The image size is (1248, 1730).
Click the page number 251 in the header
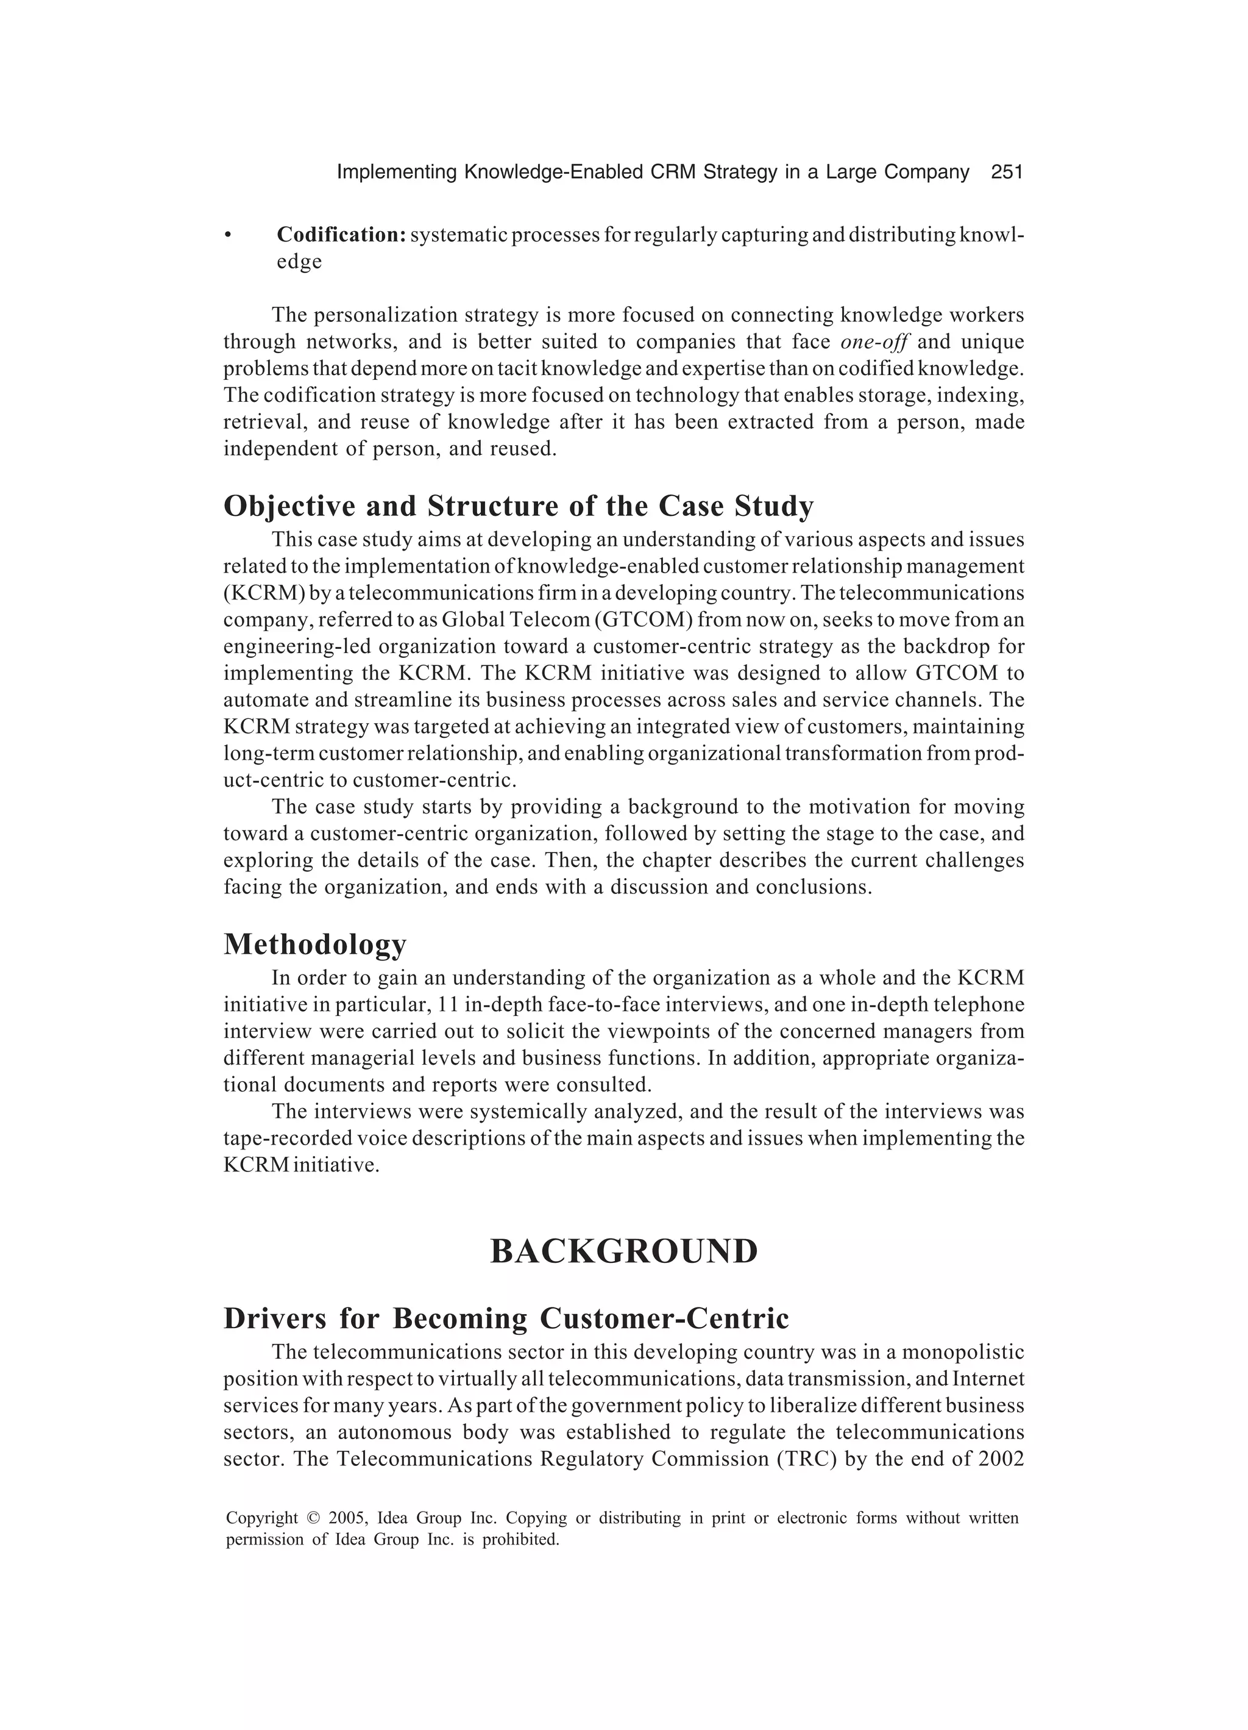coord(1005,173)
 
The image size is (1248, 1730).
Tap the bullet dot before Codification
coord(227,236)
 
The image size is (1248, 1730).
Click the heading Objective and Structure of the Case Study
coord(519,506)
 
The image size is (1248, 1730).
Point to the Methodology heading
coord(315,945)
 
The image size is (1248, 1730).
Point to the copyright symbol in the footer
coord(313,1518)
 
